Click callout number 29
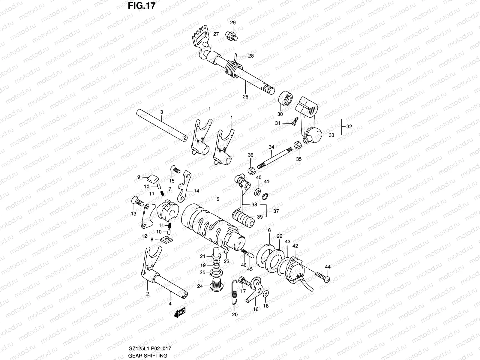point(233,23)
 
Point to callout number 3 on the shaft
point(161,112)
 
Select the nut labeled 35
point(297,145)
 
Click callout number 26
point(245,97)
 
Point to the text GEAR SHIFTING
point(148,356)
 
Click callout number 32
point(349,126)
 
